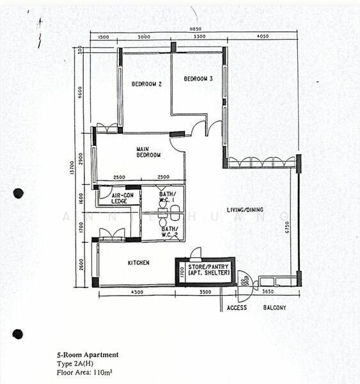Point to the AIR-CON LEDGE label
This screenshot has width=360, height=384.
121,198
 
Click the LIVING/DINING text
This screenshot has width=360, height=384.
249,210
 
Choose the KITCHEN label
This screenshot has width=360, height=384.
138,263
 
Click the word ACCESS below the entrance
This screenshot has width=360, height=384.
237,308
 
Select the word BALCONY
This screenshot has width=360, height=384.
275,308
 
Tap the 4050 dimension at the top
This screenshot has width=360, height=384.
262,37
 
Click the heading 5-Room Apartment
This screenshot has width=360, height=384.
86,355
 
